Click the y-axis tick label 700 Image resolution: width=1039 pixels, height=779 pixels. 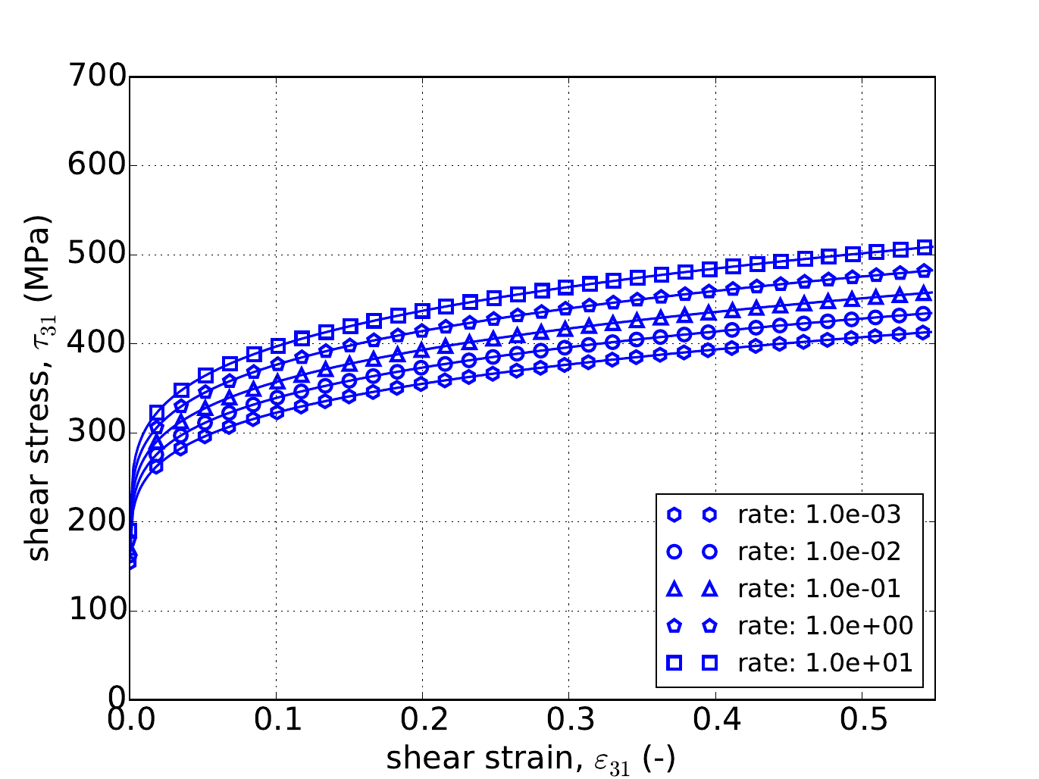point(96,77)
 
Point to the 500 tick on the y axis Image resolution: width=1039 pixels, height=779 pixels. point(96,255)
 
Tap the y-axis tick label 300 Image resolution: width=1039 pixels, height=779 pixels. point(96,433)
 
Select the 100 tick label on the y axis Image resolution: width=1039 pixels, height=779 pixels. point(96,611)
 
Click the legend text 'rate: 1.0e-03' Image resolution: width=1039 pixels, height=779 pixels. point(819,515)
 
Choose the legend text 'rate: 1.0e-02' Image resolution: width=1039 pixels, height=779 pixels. point(819,552)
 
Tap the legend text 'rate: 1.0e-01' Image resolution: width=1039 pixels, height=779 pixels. point(819,589)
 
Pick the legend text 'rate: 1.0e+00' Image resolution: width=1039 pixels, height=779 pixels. point(825,626)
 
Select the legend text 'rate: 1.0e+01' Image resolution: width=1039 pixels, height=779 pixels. point(825,663)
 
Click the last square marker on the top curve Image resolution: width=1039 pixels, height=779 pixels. point(925,248)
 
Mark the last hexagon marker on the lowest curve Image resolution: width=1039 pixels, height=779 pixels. point(925,332)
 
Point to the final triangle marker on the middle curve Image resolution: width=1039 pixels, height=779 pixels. point(925,293)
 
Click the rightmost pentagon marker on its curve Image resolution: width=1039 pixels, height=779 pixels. point(925,271)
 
